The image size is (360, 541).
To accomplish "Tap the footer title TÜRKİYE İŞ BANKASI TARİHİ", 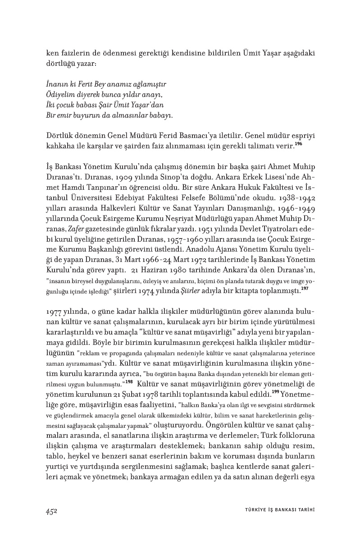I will tap(277, 510).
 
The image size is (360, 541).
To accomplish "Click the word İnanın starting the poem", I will tap(56, 84).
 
